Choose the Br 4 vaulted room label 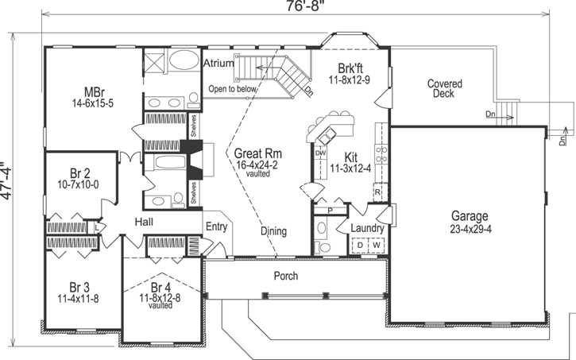point(160,295)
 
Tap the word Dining point(274,231)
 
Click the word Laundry point(368,229)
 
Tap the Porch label point(285,276)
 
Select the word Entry point(216,226)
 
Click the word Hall point(144,222)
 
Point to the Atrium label point(218,63)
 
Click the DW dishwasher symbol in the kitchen point(321,153)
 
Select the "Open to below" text point(233,89)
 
